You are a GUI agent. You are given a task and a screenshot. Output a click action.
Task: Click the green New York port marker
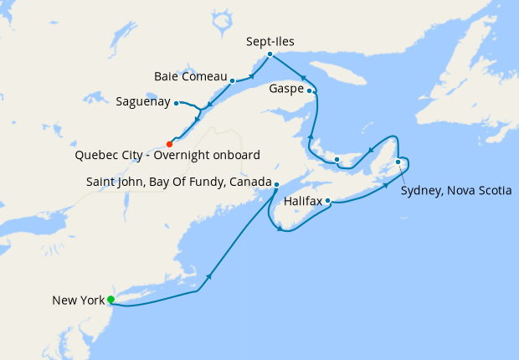pyautogui.click(x=110, y=299)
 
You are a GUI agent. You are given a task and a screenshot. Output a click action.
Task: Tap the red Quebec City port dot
pyautogui.click(x=169, y=144)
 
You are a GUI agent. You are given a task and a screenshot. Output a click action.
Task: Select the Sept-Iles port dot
pyautogui.click(x=269, y=54)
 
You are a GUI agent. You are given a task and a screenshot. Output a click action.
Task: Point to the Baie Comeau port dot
pyautogui.click(x=232, y=81)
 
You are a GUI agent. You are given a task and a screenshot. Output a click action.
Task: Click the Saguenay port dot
pyautogui.click(x=176, y=103)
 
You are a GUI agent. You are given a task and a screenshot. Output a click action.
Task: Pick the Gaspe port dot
pyautogui.click(x=310, y=90)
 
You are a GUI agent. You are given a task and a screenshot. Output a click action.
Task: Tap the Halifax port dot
pyautogui.click(x=328, y=201)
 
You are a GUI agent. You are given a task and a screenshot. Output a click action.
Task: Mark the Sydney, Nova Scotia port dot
pyautogui.click(x=398, y=162)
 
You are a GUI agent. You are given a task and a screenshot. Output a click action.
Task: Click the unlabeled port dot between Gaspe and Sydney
pyautogui.click(x=336, y=159)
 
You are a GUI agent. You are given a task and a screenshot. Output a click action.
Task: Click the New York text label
pyautogui.click(x=77, y=300)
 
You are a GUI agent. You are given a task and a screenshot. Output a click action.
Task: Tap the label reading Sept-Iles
pyautogui.click(x=270, y=40)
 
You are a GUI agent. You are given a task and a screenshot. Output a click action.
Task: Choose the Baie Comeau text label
pyautogui.click(x=190, y=76)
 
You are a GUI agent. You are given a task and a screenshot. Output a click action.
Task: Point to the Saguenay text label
pyautogui.click(x=143, y=102)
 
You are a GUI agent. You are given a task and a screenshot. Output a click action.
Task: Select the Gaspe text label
pyautogui.click(x=287, y=88)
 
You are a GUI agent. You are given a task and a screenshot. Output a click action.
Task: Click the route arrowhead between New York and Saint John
pyautogui.click(x=209, y=275)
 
